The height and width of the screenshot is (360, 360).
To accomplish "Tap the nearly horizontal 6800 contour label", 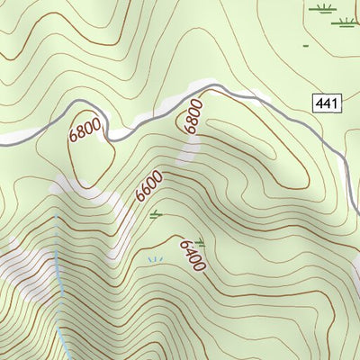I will (x=85, y=132).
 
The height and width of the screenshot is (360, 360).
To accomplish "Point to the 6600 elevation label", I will (x=149, y=185).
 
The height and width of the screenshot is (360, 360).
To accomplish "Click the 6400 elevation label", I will (x=193, y=255).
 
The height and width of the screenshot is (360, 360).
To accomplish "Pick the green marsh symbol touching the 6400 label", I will (x=200, y=241).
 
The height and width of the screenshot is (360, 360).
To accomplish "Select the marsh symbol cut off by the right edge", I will (x=354, y=10).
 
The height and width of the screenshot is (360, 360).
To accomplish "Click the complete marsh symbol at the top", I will (x=322, y=10).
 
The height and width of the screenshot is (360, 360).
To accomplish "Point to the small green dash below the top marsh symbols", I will (x=307, y=44).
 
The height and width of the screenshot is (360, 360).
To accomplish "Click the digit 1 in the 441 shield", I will (x=337, y=104).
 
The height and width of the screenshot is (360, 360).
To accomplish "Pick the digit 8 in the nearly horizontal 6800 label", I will (x=79, y=134).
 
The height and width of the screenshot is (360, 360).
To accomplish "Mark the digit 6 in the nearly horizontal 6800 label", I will (x=73, y=138).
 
